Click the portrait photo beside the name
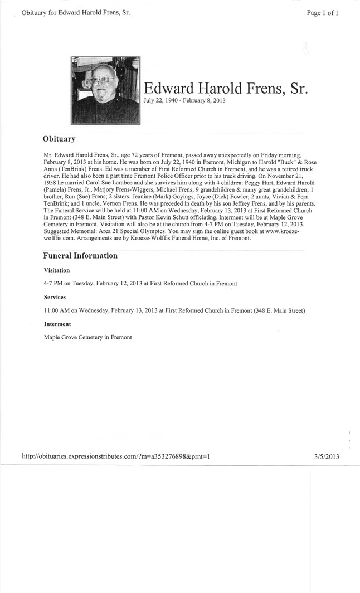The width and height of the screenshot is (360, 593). click(105, 90)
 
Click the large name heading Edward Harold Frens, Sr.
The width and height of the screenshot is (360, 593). click(226, 89)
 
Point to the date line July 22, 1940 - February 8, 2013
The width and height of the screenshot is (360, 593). click(184, 101)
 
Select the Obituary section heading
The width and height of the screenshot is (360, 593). click(59, 138)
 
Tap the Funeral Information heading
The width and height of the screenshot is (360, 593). click(80, 256)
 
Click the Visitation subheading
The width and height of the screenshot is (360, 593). click(57, 270)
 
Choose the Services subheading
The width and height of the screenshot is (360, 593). click(56, 297)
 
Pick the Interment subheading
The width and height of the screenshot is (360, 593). click(57, 324)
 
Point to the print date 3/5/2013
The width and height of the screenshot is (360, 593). click(327, 456)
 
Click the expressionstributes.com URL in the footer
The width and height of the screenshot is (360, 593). click(115, 456)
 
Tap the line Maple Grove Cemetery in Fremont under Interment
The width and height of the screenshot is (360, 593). click(88, 337)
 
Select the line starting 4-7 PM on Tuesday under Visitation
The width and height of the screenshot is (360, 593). click(140, 284)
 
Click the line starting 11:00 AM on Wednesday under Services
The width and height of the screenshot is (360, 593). click(174, 310)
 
